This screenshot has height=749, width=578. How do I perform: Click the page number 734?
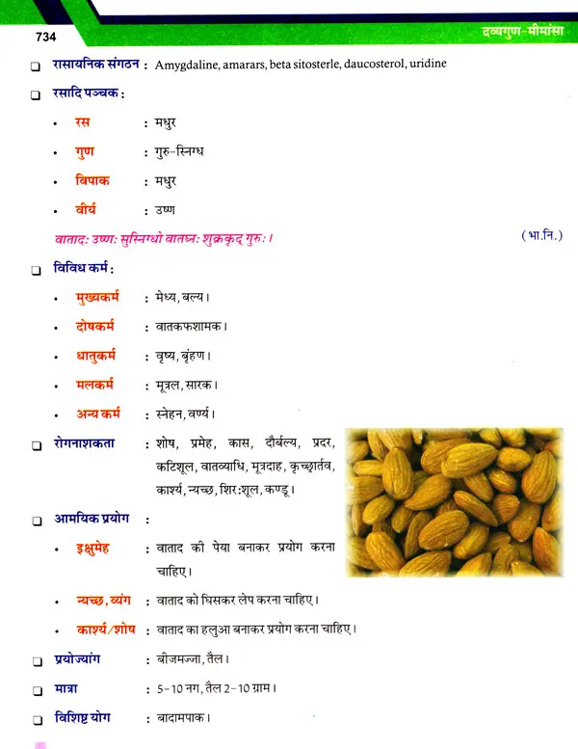pos(45,38)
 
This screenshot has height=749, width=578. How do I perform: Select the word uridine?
pos(425,66)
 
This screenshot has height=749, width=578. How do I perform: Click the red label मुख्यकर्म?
pos(107,297)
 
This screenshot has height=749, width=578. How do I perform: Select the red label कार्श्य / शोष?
pos(110,629)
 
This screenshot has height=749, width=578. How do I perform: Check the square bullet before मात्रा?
pos(36,690)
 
